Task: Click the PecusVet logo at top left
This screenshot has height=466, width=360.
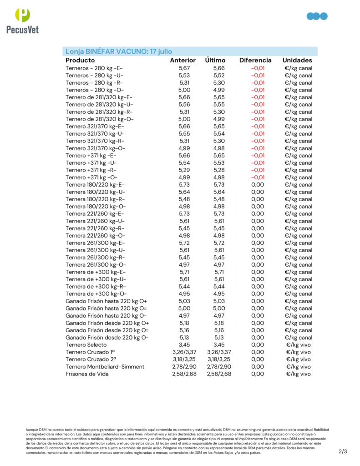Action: pyautogui.click(x=22, y=21)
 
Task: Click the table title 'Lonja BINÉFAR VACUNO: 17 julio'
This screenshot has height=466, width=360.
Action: pyautogui.click(x=119, y=51)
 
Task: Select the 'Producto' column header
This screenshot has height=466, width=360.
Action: pyautogui.click(x=80, y=60)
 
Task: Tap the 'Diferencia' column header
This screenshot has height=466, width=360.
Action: pyautogui.click(x=255, y=60)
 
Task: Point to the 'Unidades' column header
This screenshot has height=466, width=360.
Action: pyautogui.click(x=297, y=60)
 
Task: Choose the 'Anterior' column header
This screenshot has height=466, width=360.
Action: pyautogui.click(x=183, y=60)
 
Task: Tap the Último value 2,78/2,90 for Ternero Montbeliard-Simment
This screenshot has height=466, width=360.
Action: pyautogui.click(x=219, y=367)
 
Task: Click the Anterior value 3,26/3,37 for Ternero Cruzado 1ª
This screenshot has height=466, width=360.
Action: pyautogui.click(x=184, y=352)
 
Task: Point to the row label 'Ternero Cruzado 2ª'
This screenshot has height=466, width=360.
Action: pyautogui.click(x=90, y=360)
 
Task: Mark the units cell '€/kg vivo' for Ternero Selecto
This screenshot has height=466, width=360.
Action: pyautogui.click(x=299, y=345)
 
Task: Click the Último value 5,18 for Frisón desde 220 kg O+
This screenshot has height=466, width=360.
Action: pyautogui.click(x=219, y=323)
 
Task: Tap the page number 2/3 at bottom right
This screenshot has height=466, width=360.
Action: pyautogui.click(x=343, y=451)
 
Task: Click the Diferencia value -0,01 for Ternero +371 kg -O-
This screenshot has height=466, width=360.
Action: pyautogui.click(x=258, y=177)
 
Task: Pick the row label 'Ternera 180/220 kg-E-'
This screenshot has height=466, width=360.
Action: pyautogui.click(x=95, y=185)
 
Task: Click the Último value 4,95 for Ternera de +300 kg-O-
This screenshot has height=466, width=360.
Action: pyautogui.click(x=219, y=294)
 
